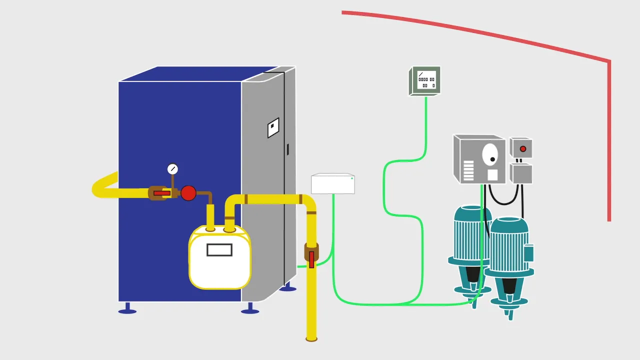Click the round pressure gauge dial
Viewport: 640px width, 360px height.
[172, 169]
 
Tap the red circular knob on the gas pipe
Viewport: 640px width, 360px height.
[188, 193]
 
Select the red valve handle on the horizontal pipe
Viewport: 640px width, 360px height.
[161, 193]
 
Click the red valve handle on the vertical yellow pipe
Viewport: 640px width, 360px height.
[311, 259]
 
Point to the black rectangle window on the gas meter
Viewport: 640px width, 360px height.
[219, 249]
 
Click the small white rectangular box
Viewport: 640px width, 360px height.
[333, 184]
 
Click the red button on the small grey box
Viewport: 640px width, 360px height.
[523, 149]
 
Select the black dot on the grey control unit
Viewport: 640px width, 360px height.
[492, 159]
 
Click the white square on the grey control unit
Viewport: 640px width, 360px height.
[492, 175]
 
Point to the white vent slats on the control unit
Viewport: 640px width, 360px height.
[468, 170]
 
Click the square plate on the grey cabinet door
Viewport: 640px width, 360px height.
[273, 128]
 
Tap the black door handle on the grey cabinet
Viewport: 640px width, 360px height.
[287, 149]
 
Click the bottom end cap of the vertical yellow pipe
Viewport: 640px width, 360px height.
[311, 338]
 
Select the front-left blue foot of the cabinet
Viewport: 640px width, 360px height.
[127, 310]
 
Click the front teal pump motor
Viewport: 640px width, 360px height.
[509, 245]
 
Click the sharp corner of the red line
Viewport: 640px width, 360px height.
[609, 62]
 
